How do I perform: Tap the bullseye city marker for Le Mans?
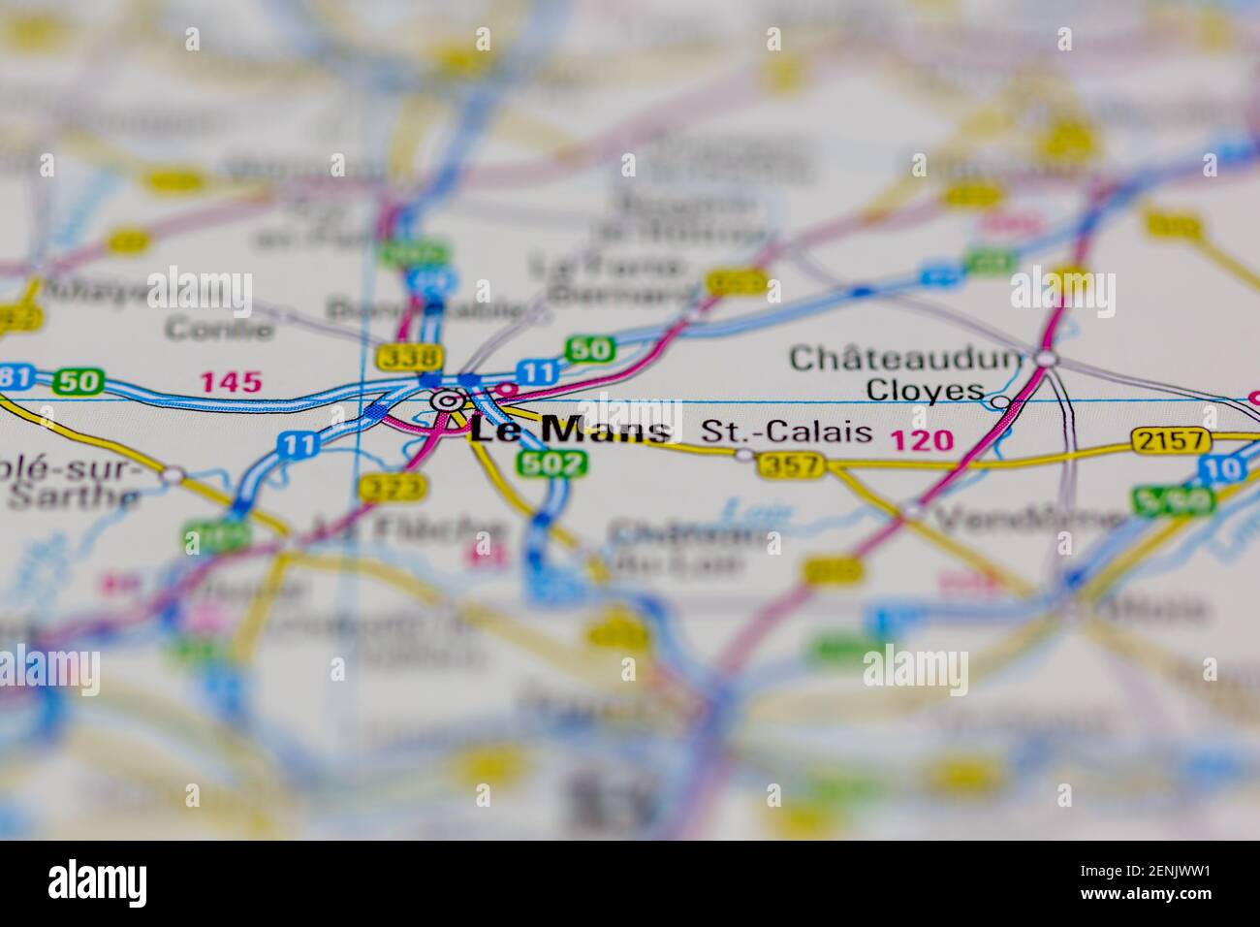[446, 400]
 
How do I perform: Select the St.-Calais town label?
[786, 432]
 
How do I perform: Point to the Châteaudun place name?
[906, 359]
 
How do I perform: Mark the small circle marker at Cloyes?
[999, 401]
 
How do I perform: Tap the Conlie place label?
[219, 329]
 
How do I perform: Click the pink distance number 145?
[231, 382]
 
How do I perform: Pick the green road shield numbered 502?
[551, 463]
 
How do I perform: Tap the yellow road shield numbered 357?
[792, 466]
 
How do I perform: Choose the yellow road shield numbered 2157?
[1173, 441]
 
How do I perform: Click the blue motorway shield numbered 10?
[1220, 470]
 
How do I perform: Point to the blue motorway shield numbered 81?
[12, 376]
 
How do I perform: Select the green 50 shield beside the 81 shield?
[78, 381]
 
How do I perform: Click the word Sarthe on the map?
[74, 497]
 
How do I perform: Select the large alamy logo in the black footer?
[98, 882]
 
